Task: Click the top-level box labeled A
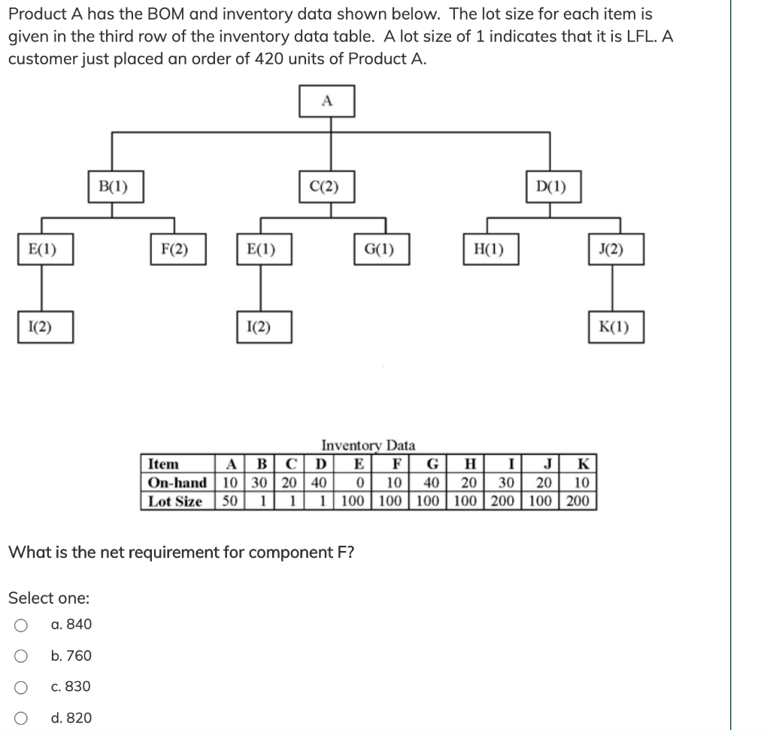[x=326, y=101]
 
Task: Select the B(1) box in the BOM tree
[x=114, y=186]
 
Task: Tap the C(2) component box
[x=326, y=186]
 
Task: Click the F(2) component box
[x=174, y=250]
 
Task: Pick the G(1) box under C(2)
[x=383, y=250]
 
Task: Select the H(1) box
[x=489, y=250]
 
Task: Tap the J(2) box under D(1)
[x=617, y=250]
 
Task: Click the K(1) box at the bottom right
[x=617, y=327]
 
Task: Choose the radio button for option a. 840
[x=22, y=625]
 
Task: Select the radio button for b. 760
[x=22, y=656]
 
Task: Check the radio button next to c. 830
[x=22, y=687]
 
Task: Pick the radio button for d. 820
[x=22, y=718]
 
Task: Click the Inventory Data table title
[x=368, y=446]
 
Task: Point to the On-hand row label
[x=177, y=483]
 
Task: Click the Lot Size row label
[x=176, y=501]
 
